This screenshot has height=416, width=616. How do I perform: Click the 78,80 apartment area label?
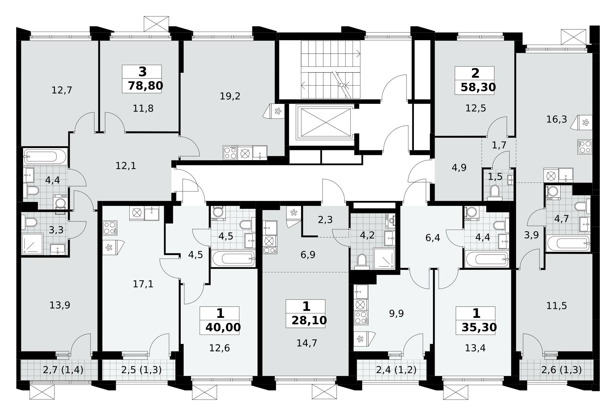[145, 86]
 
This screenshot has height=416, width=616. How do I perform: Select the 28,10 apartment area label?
[309, 320]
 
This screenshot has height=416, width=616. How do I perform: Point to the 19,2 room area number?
[230, 96]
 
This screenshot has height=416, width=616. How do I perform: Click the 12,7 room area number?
[62, 90]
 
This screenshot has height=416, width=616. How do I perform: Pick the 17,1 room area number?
[143, 284]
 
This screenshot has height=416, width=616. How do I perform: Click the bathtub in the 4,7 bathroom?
[568, 244]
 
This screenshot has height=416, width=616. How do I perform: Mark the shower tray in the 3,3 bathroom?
[32, 244]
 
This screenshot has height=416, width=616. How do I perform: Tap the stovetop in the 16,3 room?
[585, 147]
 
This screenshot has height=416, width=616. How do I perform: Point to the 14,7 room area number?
[307, 343]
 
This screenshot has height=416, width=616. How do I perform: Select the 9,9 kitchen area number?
[396, 313]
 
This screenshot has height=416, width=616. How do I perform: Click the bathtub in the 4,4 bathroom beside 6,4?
[487, 259]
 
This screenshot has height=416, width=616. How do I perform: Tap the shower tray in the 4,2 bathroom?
[384, 259]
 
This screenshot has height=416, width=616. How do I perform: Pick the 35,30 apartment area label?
[479, 327]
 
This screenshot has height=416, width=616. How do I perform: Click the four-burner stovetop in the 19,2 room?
[230, 153]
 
